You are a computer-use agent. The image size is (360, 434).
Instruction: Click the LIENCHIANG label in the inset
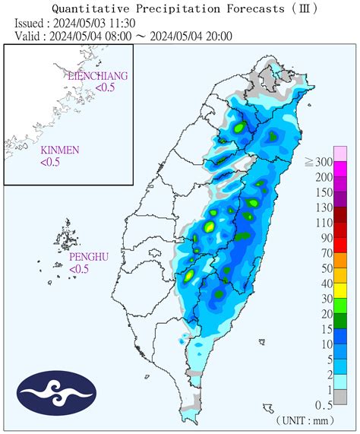tap(97, 77)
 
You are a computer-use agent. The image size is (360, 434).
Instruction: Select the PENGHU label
tap(89, 258)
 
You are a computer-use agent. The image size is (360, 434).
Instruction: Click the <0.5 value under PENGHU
tap(80, 269)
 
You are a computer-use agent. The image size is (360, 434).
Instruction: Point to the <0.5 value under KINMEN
tap(51, 161)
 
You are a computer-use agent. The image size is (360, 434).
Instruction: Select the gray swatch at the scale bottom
tap(341, 397)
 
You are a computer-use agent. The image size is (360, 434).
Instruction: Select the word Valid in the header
tap(29, 35)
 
